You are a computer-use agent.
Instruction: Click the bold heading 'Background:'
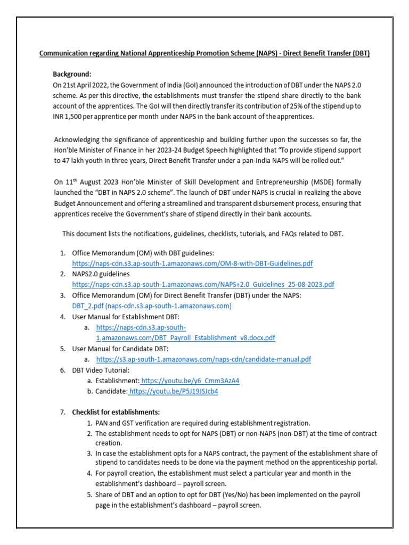coord(72,74)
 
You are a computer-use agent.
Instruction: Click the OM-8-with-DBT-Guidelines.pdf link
coord(192,263)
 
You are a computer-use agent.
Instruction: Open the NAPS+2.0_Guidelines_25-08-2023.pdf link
coord(203,284)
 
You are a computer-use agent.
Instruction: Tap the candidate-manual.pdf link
coord(203,359)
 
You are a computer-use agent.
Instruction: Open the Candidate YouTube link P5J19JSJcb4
coord(174,391)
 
